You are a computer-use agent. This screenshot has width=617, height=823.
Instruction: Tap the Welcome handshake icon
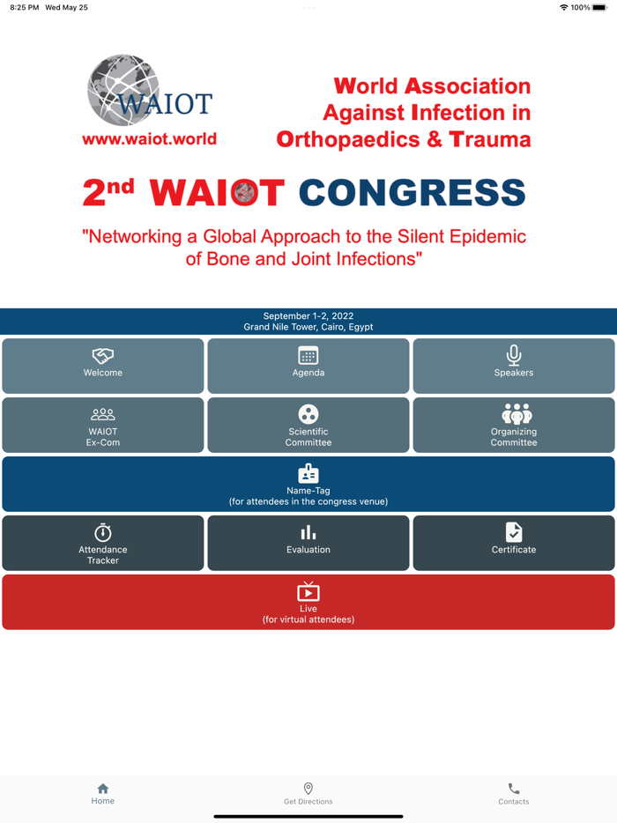pos(103,356)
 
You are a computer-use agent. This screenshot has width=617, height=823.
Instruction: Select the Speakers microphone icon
pos(514,355)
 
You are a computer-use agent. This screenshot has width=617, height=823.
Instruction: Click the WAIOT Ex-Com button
pos(103,425)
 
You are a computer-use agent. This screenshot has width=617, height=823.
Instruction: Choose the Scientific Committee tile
pos(308,425)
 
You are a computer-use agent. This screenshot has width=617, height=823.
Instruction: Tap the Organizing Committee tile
pos(514,425)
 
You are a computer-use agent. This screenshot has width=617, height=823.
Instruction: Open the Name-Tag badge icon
pos(308,473)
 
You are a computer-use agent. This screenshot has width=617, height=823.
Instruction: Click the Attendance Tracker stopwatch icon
pos(103,532)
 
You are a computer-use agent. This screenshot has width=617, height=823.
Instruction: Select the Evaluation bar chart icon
pos(308,532)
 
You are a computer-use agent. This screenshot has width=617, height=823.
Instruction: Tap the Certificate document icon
pos(514,532)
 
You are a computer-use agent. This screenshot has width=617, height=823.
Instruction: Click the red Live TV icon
pos(308,591)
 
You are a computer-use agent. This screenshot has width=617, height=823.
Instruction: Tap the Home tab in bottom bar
pos(103,794)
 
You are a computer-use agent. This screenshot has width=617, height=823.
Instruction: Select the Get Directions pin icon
pos(308,789)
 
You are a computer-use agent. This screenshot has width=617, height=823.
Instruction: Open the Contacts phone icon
pos(514,789)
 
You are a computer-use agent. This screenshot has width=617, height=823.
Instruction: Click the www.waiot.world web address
pos(149,139)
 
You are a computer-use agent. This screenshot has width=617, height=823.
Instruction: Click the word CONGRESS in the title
pos(412,193)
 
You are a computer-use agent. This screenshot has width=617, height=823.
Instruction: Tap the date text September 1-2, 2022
pos(308,315)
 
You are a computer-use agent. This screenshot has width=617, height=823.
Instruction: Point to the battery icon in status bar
pos(600,7)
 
